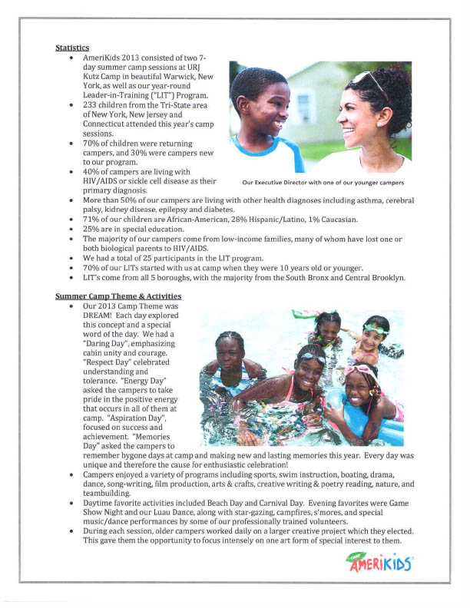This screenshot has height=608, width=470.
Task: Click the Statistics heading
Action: tap(72, 48)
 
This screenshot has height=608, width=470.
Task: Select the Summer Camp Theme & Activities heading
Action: tap(118, 296)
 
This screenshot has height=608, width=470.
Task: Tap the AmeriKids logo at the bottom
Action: tap(379, 563)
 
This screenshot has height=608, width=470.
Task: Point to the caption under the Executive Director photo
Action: tap(323, 183)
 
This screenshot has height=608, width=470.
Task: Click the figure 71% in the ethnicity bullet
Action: tap(91, 220)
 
